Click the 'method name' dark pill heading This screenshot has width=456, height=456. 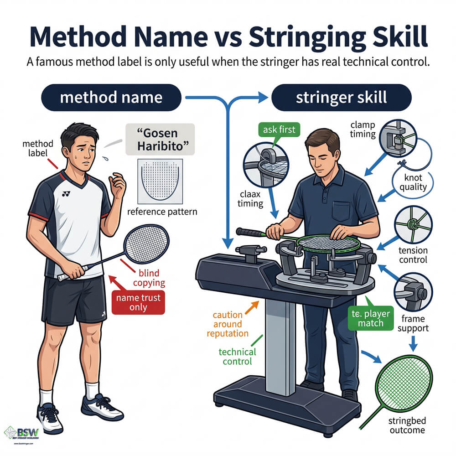click(111, 97)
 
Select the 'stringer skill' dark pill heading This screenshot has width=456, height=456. click(342, 97)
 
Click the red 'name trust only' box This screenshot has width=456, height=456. click(138, 302)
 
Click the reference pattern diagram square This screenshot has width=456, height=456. click(159, 181)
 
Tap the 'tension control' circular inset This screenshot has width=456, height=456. click(413, 225)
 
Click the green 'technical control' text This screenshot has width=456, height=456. click(237, 356)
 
